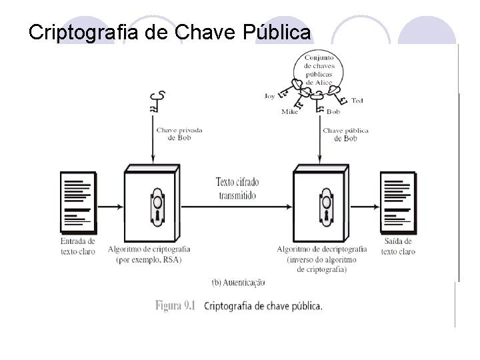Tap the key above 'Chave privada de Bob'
[157, 101]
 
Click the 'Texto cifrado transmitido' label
[237, 187]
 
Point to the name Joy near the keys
[269, 96]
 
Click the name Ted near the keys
[357, 101]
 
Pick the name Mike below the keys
[289, 111]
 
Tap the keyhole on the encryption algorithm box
[157, 203]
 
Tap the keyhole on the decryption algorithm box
[325, 203]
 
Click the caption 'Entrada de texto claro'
[77, 246]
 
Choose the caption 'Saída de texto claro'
[398, 246]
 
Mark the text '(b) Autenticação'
[237, 282]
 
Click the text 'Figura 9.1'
[175, 306]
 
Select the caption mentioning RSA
[153, 254]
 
